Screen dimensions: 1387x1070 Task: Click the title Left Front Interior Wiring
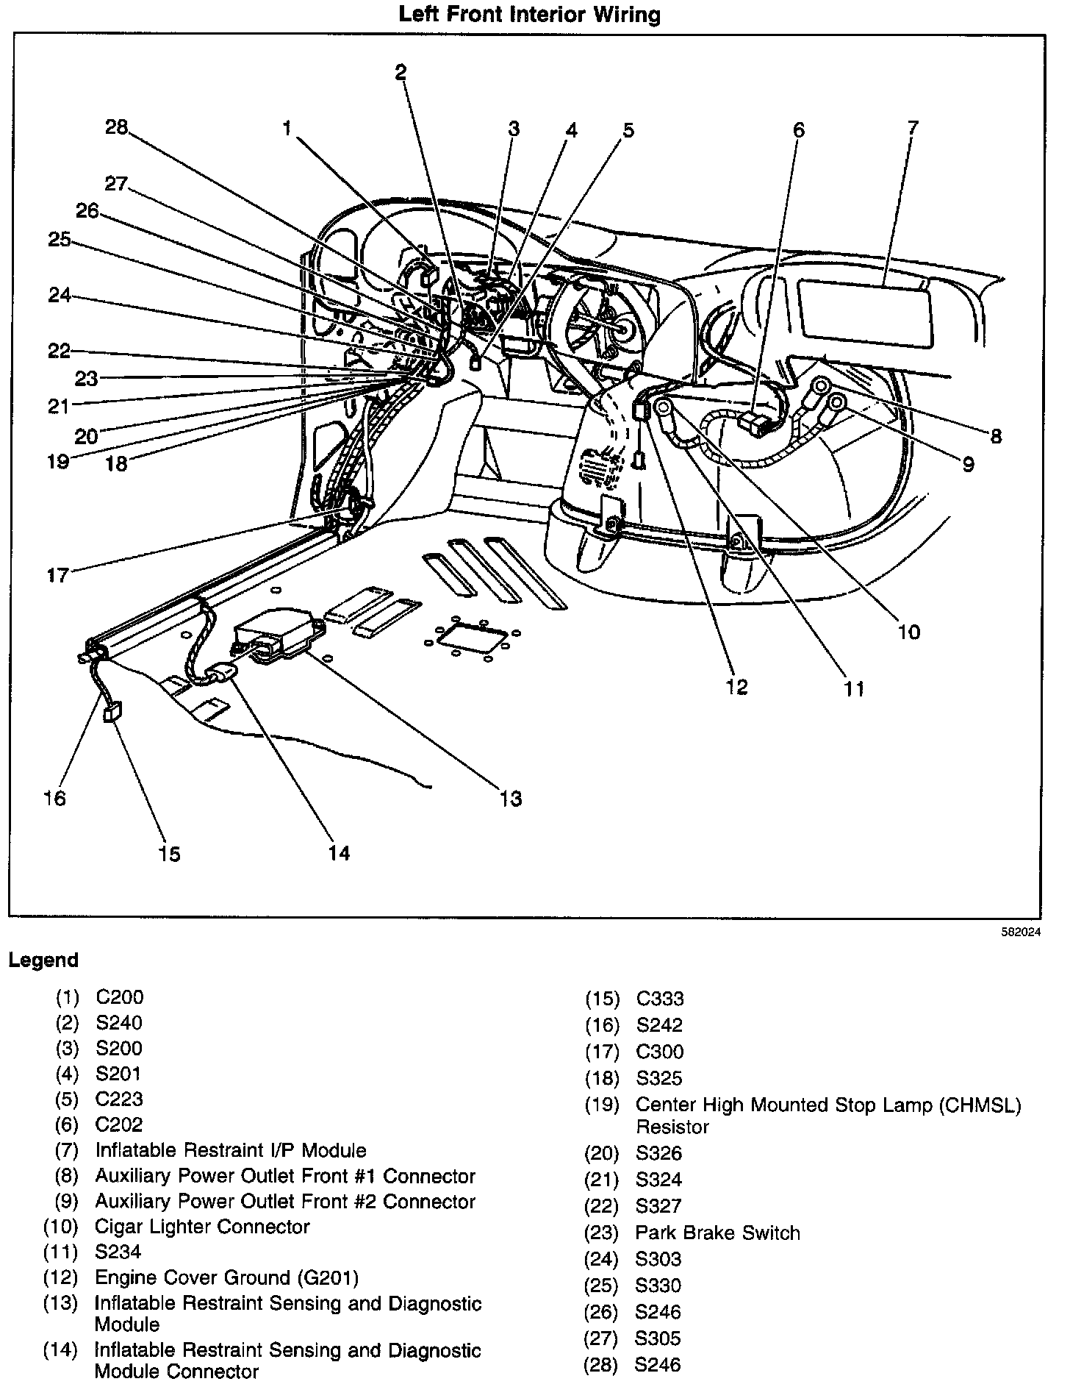point(529,14)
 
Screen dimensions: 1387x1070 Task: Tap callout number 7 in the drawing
point(913,128)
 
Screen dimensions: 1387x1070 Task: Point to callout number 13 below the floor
point(511,798)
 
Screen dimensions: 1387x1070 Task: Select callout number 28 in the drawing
point(116,128)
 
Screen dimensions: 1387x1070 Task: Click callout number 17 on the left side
point(57,575)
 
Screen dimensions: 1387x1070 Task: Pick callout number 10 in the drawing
point(909,632)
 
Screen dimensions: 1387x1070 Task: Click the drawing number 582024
point(1022,932)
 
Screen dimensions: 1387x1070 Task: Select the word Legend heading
point(43,960)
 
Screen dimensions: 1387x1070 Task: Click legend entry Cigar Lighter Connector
point(202,1227)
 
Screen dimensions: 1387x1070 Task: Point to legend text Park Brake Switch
point(717,1233)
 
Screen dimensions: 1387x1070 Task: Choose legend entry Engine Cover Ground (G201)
point(226,1277)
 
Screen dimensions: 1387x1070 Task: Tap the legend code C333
point(660,999)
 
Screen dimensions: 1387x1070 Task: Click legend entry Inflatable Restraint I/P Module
point(231,1150)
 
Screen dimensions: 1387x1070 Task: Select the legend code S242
point(659,1025)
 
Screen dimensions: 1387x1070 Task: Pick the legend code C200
point(120,997)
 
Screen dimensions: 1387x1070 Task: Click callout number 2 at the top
point(401,71)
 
